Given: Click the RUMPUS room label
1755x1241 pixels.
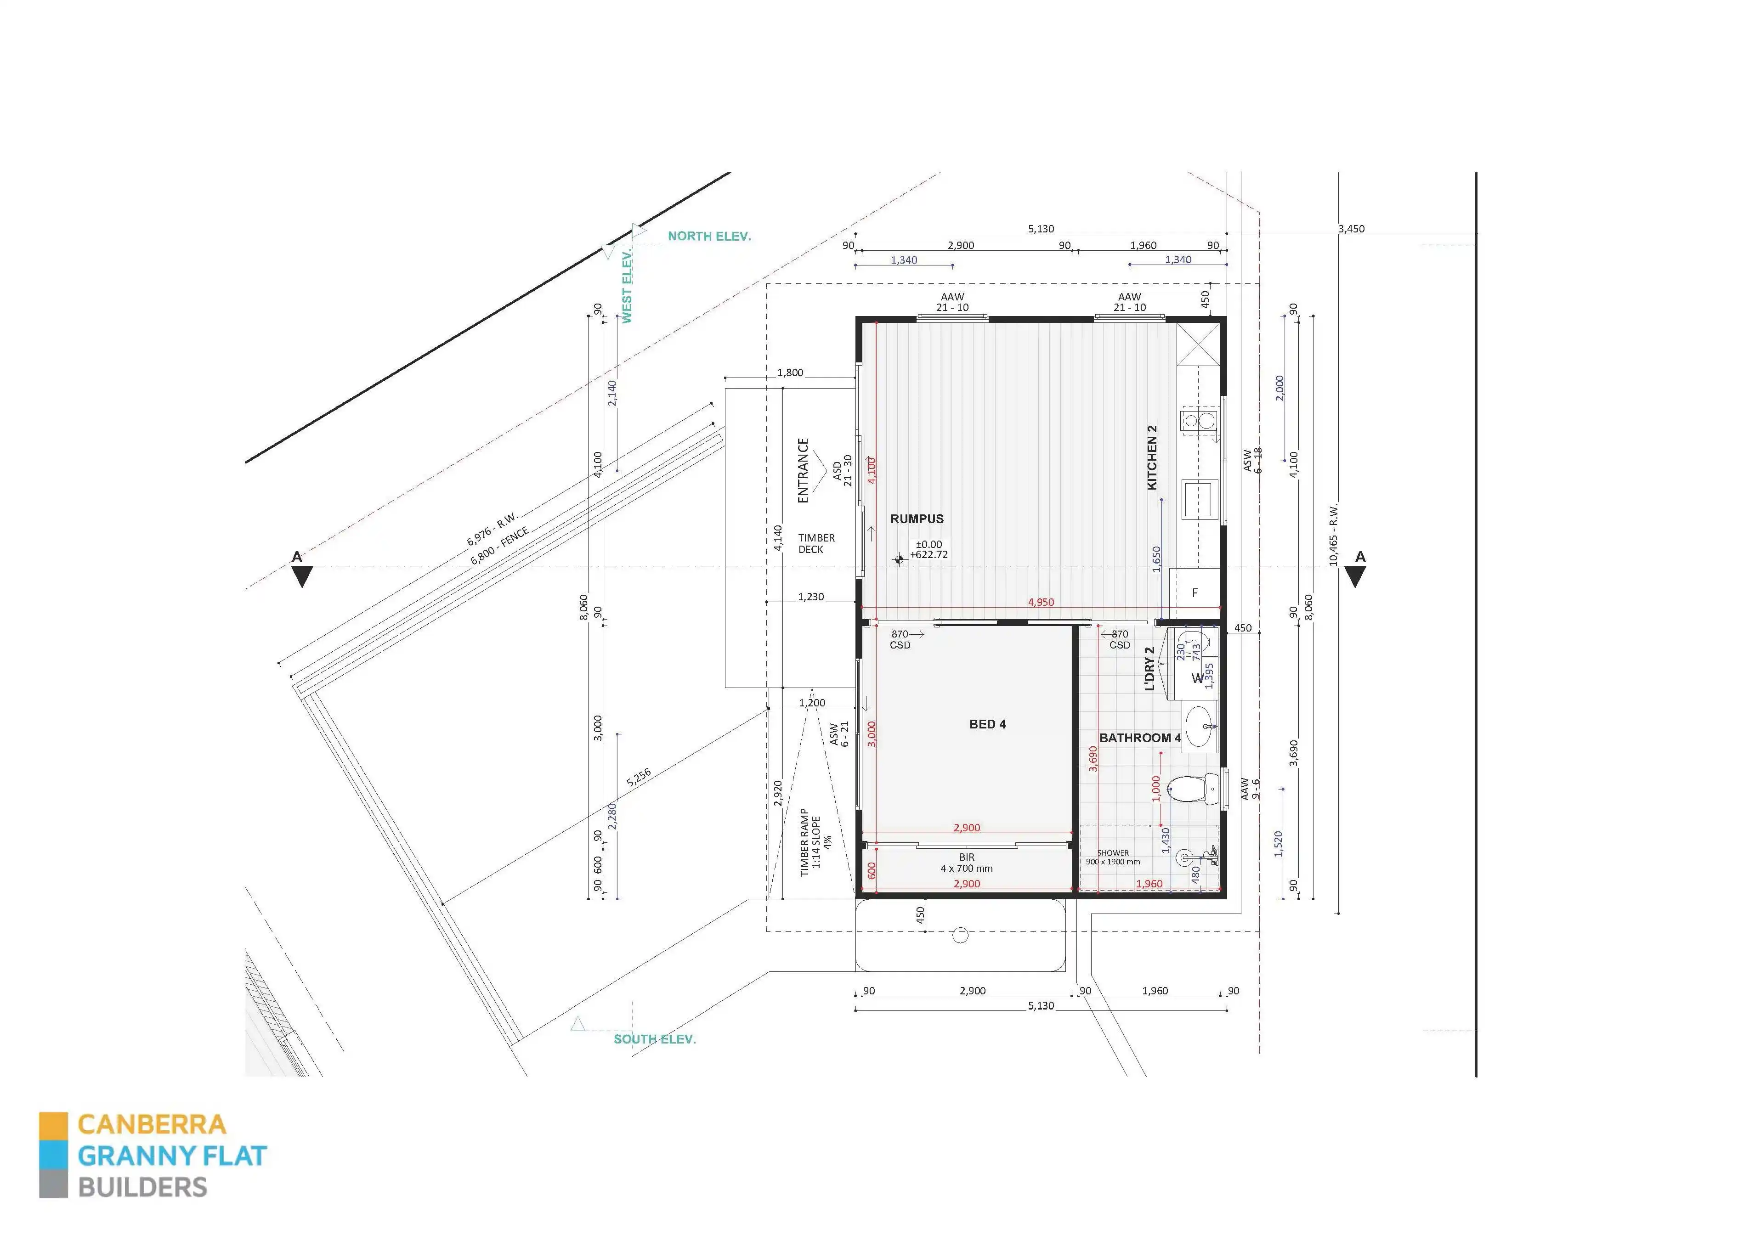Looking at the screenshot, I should (917, 519).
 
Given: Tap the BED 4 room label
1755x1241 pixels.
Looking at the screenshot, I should (987, 724).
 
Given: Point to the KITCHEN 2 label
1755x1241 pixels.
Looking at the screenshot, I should (1152, 458).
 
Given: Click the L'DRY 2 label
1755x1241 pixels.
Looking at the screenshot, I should (1149, 669).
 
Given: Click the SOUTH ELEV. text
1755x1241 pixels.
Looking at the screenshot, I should (654, 1039).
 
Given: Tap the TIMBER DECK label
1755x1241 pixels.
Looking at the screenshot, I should (816, 543).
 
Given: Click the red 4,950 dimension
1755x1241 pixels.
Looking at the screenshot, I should (1040, 602).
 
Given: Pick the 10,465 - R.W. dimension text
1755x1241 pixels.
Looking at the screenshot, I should (1334, 535).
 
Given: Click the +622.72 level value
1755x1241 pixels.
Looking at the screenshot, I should (928, 555).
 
